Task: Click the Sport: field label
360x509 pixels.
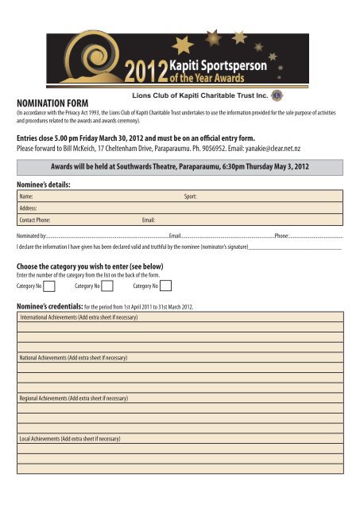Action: pyautogui.click(x=190, y=195)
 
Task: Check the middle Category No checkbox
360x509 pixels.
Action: pyautogui.click(x=107, y=286)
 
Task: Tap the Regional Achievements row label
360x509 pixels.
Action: pyautogui.click(x=72, y=398)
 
